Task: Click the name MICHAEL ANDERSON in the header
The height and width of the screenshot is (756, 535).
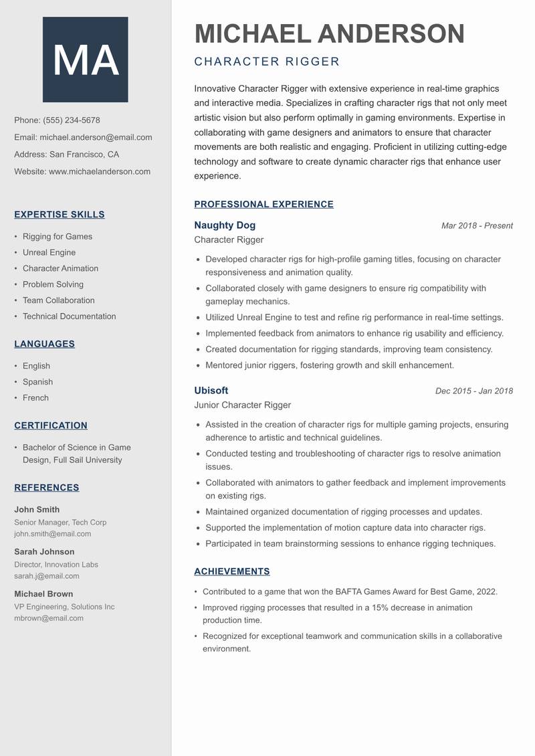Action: coord(329,33)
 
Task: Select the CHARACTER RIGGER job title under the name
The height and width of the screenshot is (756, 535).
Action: coord(267,62)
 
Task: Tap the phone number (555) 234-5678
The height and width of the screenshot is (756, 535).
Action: coord(72,120)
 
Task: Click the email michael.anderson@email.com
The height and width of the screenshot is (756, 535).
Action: coord(96,137)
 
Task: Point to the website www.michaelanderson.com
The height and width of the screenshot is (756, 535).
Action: coord(100,171)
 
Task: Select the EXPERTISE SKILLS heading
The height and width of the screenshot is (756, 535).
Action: coord(60,215)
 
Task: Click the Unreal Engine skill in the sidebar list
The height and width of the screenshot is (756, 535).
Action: coord(49,252)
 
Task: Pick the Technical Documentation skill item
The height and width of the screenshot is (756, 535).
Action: coord(69,316)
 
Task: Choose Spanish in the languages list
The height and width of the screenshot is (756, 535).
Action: coord(37,382)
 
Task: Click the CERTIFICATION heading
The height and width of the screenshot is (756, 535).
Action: coord(51,426)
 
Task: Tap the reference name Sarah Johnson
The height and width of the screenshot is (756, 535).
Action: coord(44,552)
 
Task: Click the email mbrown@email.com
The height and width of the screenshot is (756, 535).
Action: coord(49,618)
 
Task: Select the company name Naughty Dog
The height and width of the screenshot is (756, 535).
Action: coord(225,225)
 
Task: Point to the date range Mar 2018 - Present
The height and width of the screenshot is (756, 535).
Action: coord(477,226)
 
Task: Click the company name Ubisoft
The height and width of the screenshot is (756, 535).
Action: coord(211,391)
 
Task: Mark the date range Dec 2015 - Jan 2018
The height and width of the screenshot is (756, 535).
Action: coord(473,391)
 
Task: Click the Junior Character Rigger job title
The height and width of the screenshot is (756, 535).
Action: coord(242,405)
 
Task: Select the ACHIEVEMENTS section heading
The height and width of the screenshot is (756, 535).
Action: coord(232,571)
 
